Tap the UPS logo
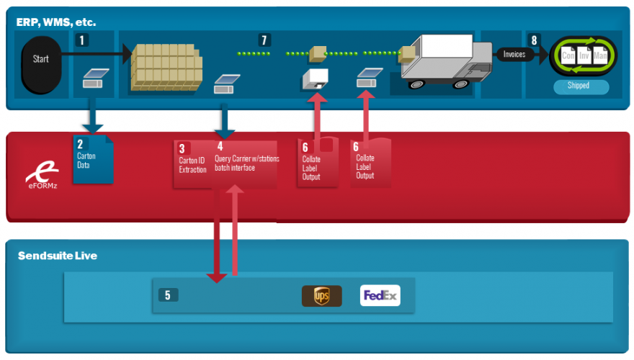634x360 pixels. pos(321,296)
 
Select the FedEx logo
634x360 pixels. pos(380,295)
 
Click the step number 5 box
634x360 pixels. pos(167,295)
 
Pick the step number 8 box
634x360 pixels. pos(534,40)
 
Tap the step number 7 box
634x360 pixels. pos(264,39)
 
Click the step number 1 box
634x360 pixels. pos(84,40)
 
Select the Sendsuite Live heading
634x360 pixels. pos(57,256)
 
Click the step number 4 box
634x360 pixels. pos(220,147)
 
